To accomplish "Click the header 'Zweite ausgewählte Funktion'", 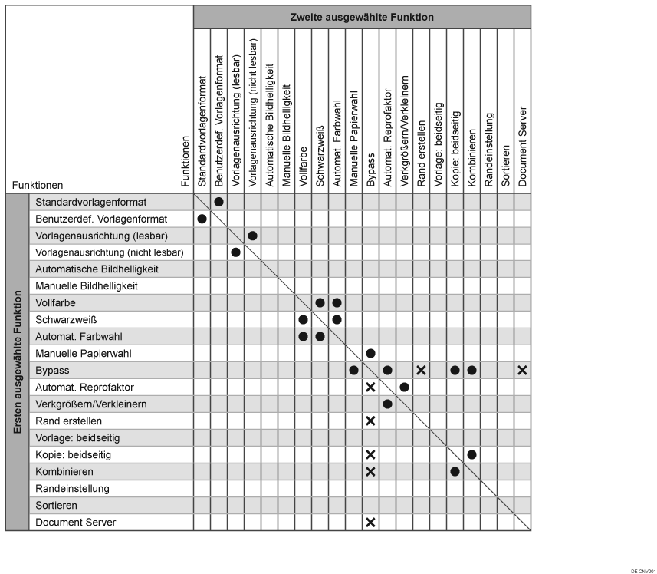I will (362, 17).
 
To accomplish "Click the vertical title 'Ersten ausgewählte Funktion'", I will (18, 362).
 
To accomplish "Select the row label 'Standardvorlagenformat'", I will (90, 202).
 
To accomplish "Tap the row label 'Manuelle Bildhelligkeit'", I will (87, 285).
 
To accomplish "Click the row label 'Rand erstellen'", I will (69, 421).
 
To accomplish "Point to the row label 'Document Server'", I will (75, 522).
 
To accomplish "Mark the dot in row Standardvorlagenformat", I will (218, 202).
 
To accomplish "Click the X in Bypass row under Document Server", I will (522, 370).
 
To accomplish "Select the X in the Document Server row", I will (370, 522).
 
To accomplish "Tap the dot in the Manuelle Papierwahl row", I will (370, 353).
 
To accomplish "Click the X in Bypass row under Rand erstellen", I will (421, 370).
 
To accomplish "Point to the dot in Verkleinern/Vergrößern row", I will (387, 404).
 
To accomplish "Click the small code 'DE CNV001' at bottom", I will (642, 571).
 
